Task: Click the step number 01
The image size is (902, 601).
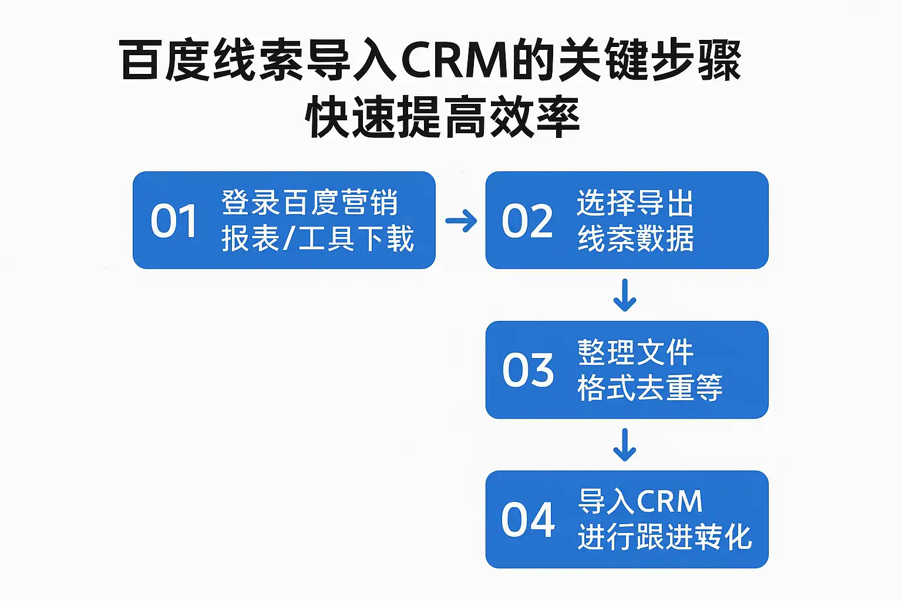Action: click(174, 221)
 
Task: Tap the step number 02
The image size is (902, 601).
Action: click(527, 221)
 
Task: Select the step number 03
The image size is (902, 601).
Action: click(528, 370)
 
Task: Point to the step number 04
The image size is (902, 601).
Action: click(528, 520)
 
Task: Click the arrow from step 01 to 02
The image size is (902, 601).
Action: click(461, 221)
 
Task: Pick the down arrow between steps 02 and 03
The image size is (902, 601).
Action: click(625, 295)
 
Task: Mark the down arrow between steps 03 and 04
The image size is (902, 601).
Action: click(625, 445)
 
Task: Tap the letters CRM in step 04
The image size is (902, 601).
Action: click(669, 502)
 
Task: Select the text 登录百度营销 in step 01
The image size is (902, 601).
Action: click(310, 203)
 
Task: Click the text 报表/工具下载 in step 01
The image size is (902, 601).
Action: click(318, 239)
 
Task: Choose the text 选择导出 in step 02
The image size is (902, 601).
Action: click(635, 203)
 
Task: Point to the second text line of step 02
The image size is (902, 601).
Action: click(635, 239)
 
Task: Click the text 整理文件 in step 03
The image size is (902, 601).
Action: click(635, 353)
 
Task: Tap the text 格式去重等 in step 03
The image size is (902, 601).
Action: click(649, 389)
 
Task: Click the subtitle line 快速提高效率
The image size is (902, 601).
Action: click(443, 117)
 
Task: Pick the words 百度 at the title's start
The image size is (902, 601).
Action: click(165, 60)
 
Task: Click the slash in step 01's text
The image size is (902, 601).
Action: click(288, 239)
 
